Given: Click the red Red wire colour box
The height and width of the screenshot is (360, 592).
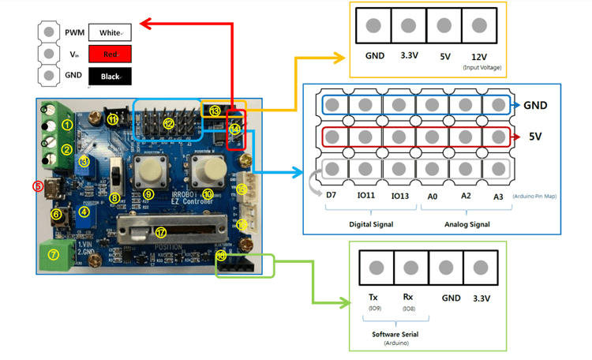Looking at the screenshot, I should (x=110, y=54).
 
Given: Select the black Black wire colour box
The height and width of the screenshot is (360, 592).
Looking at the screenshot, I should (x=110, y=76).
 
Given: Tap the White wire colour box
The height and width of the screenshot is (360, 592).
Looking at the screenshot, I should (x=110, y=32).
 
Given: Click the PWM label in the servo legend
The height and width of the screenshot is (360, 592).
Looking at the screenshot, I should (x=74, y=32).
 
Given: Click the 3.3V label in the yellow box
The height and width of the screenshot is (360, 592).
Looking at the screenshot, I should (x=408, y=57).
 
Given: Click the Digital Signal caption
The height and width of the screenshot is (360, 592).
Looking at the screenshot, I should (x=369, y=224).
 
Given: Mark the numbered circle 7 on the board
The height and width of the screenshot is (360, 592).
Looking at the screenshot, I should (x=54, y=254).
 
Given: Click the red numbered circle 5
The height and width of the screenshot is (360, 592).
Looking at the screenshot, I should (x=36, y=186).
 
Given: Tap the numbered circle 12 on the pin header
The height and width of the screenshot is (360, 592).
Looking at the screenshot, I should (x=168, y=123).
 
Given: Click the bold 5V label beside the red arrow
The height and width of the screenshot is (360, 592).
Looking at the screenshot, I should (x=538, y=137).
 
